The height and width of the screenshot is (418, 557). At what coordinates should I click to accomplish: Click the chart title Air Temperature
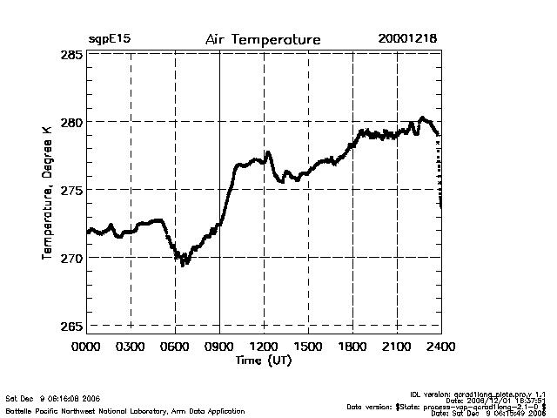[x=263, y=40]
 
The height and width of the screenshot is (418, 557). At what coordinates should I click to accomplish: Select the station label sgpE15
[x=110, y=40]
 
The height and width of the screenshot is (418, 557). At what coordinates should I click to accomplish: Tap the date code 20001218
[x=407, y=39]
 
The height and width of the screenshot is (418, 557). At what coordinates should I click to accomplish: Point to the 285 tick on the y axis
[x=72, y=55]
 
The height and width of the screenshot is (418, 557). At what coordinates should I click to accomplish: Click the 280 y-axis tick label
[x=72, y=122]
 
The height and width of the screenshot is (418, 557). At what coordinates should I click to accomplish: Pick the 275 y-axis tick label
[x=72, y=190]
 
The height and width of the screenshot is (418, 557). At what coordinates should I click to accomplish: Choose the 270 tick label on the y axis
[x=72, y=258]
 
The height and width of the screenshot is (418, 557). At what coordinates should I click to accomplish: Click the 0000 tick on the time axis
[x=86, y=347]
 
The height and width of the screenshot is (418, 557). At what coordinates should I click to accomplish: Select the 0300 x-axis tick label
[x=131, y=347]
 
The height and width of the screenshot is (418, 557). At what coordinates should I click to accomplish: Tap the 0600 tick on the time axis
[x=175, y=347]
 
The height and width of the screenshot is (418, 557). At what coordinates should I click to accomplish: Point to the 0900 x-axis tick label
[x=219, y=347]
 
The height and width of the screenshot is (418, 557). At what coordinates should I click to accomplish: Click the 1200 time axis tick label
[x=264, y=347]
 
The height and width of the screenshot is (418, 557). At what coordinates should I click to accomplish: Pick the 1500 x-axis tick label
[x=308, y=347]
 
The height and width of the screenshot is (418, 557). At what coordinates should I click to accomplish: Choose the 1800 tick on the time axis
[x=352, y=347]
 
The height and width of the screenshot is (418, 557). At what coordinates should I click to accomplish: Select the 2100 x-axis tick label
[x=397, y=347]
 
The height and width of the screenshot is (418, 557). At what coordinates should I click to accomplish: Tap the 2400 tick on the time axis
[x=441, y=347]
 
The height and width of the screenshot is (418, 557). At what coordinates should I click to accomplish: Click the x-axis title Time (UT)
[x=262, y=360]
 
